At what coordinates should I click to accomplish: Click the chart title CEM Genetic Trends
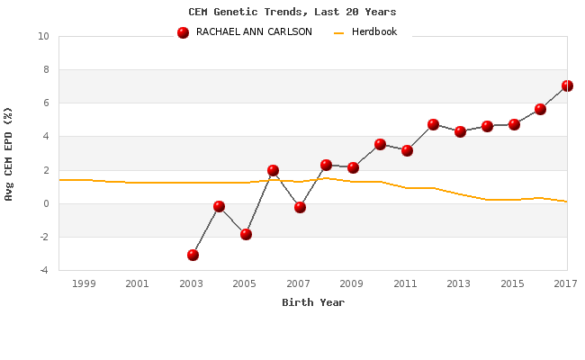coord(292,12)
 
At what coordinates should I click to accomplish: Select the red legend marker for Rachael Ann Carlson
coord(184,32)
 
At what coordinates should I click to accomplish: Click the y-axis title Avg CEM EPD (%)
coord(9,153)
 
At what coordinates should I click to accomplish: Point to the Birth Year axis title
coord(313,302)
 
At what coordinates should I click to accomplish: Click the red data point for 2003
coord(193,255)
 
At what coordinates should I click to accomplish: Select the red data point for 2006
coord(273,170)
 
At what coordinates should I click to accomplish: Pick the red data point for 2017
coord(567,85)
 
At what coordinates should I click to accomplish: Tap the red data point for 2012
coord(433,124)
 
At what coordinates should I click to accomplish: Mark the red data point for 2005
coord(246,234)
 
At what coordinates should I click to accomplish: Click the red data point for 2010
coord(380,144)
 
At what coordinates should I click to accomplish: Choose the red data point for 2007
coord(300,207)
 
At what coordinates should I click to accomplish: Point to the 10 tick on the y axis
coord(43,37)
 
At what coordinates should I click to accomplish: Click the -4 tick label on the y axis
coord(43,270)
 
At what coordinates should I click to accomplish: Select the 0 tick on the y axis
coord(46,203)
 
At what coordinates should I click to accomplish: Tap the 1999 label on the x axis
coord(85,283)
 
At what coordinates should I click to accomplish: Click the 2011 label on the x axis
coord(406,283)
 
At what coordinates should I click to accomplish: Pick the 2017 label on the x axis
coord(565,283)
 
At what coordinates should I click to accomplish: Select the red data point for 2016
coord(540,109)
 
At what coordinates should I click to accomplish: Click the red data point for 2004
coord(219,206)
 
